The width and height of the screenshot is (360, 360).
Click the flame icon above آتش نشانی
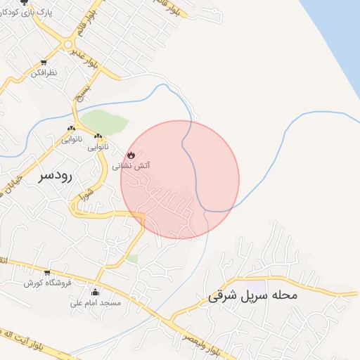pyautogui.click(x=131, y=155)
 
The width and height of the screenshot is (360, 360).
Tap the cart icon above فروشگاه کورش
pyautogui.click(x=47, y=272)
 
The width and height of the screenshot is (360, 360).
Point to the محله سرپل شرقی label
pyautogui.click(x=253, y=296)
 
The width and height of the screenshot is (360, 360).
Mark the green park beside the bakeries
pyautogui.click(x=108, y=121)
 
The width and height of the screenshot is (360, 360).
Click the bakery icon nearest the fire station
pyautogui.click(x=98, y=136)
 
